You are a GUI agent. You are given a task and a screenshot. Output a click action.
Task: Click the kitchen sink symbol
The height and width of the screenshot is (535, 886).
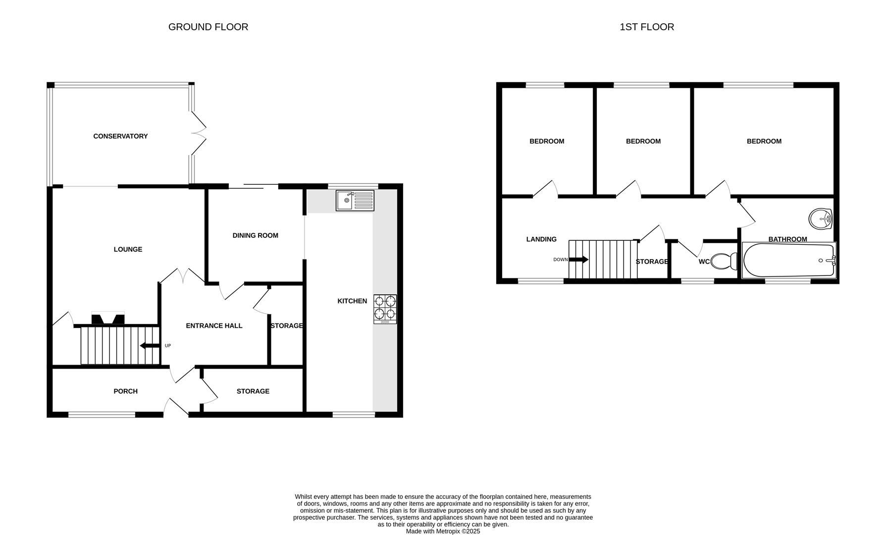click(x=355, y=201)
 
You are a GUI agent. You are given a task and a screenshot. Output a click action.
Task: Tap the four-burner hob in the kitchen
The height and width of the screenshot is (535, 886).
click(x=385, y=309)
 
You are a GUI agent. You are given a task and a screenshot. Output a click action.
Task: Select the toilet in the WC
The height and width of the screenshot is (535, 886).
click(x=724, y=262)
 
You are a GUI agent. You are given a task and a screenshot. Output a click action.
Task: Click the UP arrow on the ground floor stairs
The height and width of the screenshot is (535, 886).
click(x=150, y=346)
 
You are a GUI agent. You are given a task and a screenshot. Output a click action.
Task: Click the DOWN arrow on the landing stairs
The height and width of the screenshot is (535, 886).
click(x=578, y=260)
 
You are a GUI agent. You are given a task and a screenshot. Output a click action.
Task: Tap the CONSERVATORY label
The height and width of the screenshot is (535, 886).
click(x=120, y=136)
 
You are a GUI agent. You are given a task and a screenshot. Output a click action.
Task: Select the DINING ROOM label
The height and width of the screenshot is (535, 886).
click(x=255, y=235)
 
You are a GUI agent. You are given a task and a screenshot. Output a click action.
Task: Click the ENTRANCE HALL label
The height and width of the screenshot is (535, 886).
click(x=214, y=325)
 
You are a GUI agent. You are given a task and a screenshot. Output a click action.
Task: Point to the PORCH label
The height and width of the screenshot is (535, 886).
click(x=125, y=391)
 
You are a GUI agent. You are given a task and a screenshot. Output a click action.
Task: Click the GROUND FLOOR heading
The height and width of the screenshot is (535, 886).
click(x=208, y=27)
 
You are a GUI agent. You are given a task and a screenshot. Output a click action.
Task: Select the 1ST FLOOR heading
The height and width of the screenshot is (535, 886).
click(x=646, y=27)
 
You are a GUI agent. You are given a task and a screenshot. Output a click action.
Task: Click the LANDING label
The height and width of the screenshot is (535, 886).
click(x=541, y=239)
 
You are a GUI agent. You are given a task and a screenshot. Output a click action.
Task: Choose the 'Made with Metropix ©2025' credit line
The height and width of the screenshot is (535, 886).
click(x=443, y=531)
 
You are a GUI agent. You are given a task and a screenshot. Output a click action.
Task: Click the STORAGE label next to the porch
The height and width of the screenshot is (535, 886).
click(x=253, y=391)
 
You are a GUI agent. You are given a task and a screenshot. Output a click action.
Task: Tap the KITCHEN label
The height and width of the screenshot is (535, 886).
click(x=352, y=301)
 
